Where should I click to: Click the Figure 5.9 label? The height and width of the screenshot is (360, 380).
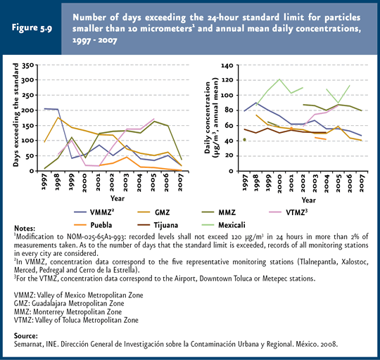pos(32,27)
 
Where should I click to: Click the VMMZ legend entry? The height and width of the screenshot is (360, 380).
pos(94,212)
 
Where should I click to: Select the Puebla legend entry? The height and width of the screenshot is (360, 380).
pos(93,225)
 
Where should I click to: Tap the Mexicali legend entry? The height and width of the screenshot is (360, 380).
pos(224,225)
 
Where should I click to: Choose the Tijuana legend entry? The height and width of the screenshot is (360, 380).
pos(158,225)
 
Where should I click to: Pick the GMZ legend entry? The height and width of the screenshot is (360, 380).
pos(153,212)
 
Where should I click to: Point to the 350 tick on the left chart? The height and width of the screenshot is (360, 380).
pos(28,65)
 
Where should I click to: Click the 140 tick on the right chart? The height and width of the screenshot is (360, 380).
pos(227,65)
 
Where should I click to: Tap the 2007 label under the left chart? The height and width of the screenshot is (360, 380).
pos(179,182)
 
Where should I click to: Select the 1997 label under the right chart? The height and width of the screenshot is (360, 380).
pos(245,182)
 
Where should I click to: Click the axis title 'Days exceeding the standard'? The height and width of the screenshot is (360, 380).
pos(15,115)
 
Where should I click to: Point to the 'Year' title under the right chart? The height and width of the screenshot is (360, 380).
pos(308,200)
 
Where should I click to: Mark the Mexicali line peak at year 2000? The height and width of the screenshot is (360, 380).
pos(279,79)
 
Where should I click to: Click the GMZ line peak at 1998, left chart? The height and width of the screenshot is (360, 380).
pos(58,117)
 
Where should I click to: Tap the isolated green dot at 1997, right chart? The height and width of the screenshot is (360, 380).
pos(244,140)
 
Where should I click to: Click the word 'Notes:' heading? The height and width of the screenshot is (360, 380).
pos(25,229)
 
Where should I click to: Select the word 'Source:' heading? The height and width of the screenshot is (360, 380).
pos(26,336)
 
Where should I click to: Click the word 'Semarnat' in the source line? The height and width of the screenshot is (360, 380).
pos(29,344)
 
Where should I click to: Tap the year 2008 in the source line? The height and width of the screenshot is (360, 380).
pos(329,344)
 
